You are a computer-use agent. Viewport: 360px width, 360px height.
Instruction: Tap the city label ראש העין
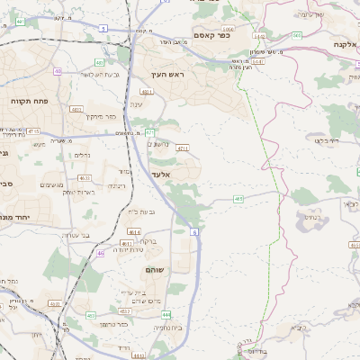[x=169, y=75]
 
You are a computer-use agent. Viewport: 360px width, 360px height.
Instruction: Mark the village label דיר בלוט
[x=320, y=140]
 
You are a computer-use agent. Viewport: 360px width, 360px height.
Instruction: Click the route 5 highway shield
[x=103, y=29]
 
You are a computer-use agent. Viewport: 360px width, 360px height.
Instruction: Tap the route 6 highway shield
[x=193, y=231]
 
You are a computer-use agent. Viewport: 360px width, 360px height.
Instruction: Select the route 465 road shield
[x=238, y=199]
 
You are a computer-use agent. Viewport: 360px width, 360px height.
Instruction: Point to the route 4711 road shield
[x=183, y=148]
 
